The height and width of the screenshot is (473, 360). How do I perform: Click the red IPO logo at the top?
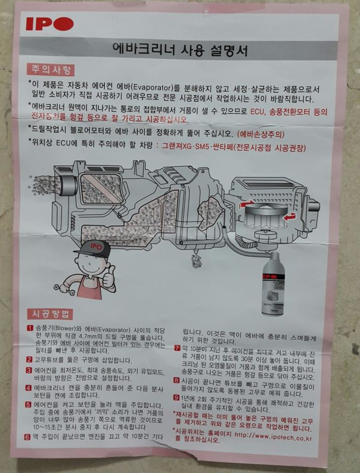pyautogui.click(x=50, y=24)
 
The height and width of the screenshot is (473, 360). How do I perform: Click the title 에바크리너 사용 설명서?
pyautogui.click(x=180, y=50)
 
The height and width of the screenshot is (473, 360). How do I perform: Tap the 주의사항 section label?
pyautogui.click(x=50, y=70)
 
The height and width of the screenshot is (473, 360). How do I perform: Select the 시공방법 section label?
pyautogui.click(x=50, y=314)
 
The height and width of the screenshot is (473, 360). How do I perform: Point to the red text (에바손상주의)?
pyautogui.click(x=261, y=134)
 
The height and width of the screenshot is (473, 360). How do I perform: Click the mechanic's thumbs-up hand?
pyautogui.click(x=109, y=275)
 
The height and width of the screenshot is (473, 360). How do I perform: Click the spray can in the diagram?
pyautogui.click(x=273, y=283)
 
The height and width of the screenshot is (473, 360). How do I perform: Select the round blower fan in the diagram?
pyautogui.click(x=265, y=215)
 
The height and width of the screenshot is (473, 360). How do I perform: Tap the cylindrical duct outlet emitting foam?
pyautogui.click(x=68, y=185)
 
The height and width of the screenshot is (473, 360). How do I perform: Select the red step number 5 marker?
pyautogui.click(x=29, y=405)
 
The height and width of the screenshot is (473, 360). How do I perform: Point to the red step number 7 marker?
pyautogui.click(x=177, y=348)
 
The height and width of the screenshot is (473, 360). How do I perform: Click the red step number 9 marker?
pyautogui.click(x=177, y=398)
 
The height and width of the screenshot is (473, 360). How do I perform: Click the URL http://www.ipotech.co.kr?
pyautogui.click(x=273, y=436)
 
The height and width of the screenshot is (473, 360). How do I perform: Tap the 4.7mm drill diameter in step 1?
pyautogui.click(x=87, y=337)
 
